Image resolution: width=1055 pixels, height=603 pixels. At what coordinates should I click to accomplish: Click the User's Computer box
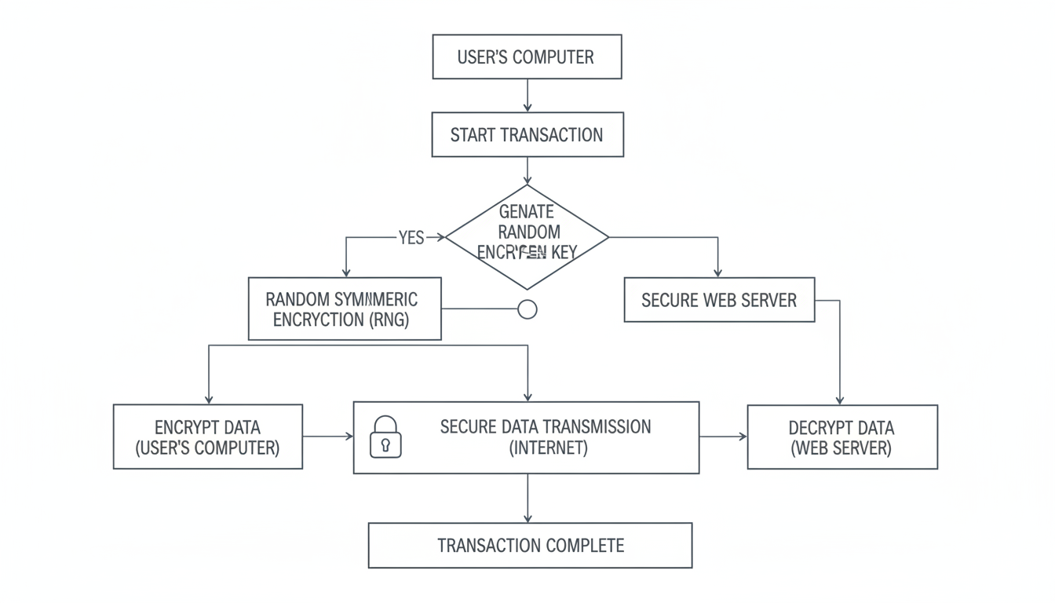tap(527, 57)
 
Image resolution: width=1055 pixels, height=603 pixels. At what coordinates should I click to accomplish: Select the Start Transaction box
tap(527, 134)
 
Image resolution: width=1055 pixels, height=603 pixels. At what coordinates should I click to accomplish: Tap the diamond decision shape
tap(527, 236)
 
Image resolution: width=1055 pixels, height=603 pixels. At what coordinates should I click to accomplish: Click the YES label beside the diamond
tap(411, 238)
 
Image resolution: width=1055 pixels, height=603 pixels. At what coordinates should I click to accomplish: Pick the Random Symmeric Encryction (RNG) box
tap(345, 309)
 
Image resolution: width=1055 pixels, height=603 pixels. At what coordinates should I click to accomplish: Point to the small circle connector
tap(527, 309)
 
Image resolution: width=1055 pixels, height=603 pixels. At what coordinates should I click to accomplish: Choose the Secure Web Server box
tap(719, 300)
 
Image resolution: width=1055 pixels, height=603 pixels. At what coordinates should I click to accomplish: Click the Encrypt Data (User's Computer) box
tap(207, 437)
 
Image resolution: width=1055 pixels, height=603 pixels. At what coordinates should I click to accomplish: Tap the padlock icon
tap(385, 437)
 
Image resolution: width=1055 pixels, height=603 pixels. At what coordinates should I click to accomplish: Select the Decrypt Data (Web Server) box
tap(841, 437)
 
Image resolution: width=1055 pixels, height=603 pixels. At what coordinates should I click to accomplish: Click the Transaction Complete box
tap(530, 545)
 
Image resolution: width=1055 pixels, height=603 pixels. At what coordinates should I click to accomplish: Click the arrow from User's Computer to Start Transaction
tap(527, 95)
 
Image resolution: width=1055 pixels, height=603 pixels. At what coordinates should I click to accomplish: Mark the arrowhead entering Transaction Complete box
tap(527, 518)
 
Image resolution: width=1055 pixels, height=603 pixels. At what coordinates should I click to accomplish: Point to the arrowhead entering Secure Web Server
tap(718, 272)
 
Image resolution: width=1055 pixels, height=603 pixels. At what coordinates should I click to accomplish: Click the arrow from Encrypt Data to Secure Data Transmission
tap(328, 436)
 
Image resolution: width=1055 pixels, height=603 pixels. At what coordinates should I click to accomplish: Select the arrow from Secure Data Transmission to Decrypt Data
tap(723, 437)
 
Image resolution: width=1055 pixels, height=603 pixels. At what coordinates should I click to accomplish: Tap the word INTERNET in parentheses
tap(548, 448)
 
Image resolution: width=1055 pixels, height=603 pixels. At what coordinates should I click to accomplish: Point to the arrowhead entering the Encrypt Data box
tap(209, 399)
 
